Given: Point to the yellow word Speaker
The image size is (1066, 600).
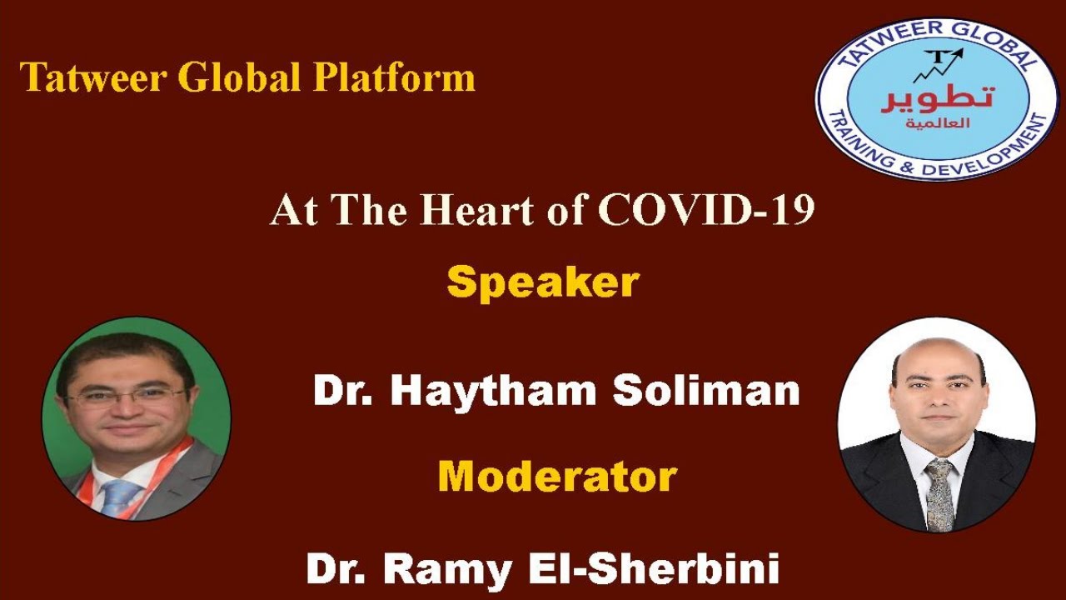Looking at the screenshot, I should (x=542, y=282).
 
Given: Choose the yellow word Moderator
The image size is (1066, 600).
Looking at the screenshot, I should (x=557, y=477).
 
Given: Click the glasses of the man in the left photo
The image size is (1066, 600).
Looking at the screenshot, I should (x=126, y=396).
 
